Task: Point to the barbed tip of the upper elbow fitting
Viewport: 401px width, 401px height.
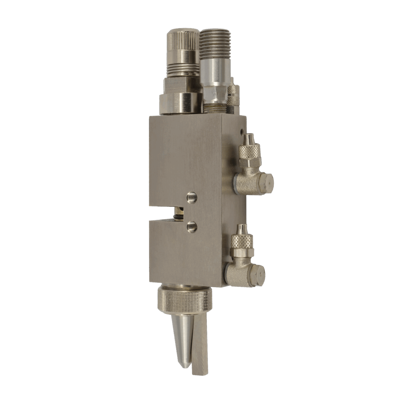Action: [x=249, y=138]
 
